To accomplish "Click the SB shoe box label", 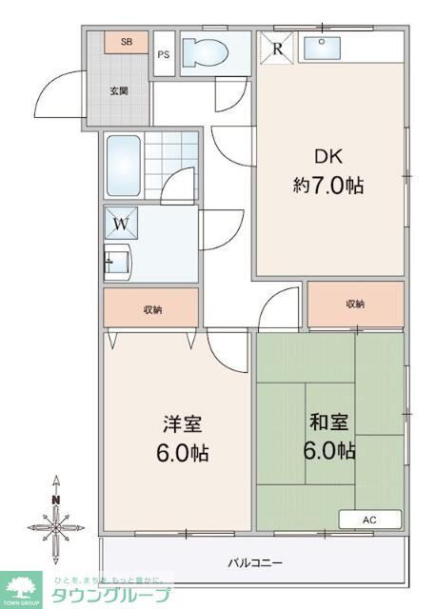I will pyautogui.click(x=127, y=43).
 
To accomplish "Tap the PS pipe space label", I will pyautogui.click(x=163, y=54).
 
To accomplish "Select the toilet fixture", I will pyautogui.click(x=205, y=51).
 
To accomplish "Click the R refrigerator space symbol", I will pyautogui.click(x=277, y=47).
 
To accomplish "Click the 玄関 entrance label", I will pyautogui.click(x=119, y=90).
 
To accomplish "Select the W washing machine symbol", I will pyautogui.click(x=123, y=225).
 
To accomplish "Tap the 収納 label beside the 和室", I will pyautogui.click(x=354, y=304).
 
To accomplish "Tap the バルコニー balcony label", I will pyautogui.click(x=255, y=562).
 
